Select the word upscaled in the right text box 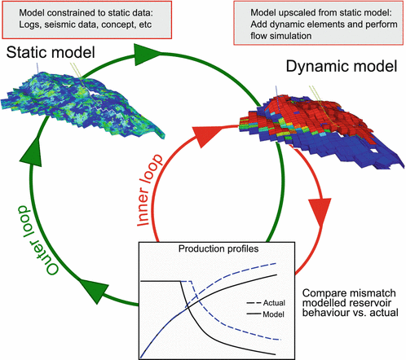tap(282, 11)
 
